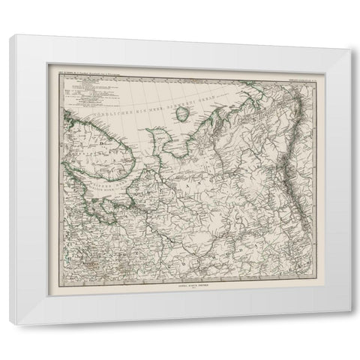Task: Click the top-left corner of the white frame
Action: click(9, 39)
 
